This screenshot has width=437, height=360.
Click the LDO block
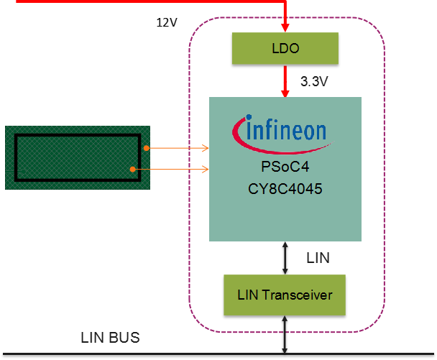tap(285, 49)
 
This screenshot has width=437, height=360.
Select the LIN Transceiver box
tap(285, 295)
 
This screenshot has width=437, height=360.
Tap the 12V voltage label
tap(167, 22)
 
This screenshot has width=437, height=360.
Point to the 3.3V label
tap(315, 82)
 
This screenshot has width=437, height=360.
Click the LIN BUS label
tap(110, 338)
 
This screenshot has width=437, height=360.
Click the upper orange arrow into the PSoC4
tap(178, 148)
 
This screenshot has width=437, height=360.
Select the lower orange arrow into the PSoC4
tap(172, 170)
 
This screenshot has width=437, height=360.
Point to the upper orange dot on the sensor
tap(146, 148)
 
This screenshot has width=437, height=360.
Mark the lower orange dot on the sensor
tap(134, 169)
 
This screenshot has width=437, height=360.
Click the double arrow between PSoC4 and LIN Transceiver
tap(285, 258)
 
